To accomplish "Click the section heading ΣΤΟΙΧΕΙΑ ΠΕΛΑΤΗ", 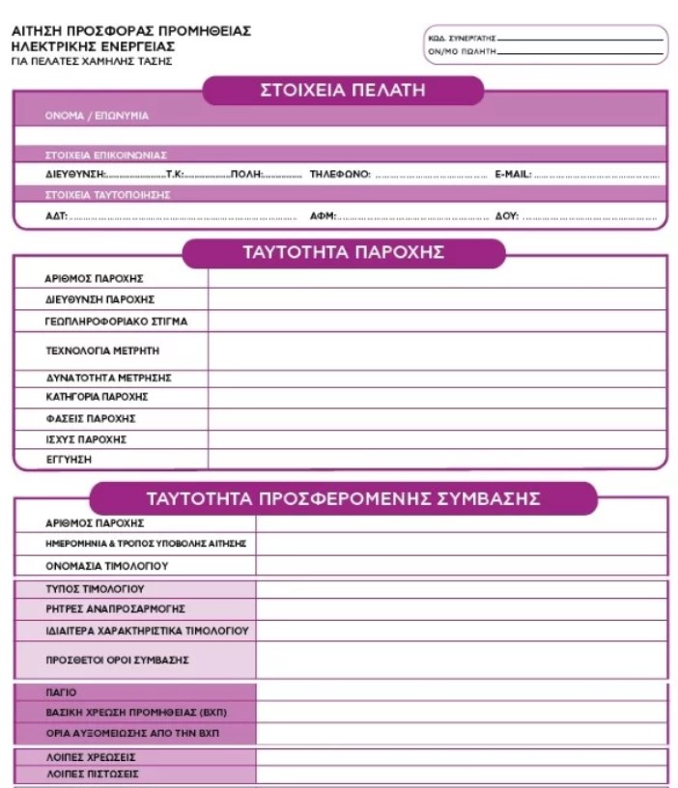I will pyautogui.click(x=343, y=91).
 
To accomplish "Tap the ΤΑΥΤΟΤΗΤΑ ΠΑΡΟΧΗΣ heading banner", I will pyautogui.click(x=343, y=253).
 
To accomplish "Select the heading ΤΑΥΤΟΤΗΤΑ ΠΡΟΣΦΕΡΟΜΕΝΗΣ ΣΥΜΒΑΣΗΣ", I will pyautogui.click(x=343, y=498).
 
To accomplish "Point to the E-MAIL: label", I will pyautogui.click(x=513, y=175).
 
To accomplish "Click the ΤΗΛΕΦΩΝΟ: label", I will pyautogui.click(x=340, y=175).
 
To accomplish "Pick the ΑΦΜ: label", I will pyautogui.click(x=323, y=216).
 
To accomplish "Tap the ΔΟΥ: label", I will pyautogui.click(x=507, y=216).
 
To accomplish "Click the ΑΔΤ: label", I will pyautogui.click(x=56, y=216).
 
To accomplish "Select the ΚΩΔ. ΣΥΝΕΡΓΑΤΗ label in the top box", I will pyautogui.click(x=461, y=39).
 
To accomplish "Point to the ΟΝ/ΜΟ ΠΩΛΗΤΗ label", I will pyautogui.click(x=461, y=51).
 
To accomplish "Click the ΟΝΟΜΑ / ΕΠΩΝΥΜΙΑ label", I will pyautogui.click(x=97, y=116).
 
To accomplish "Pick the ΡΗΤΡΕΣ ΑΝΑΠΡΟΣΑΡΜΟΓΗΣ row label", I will pyautogui.click(x=115, y=609).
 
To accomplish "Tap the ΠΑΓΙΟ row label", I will pyautogui.click(x=61, y=692).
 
